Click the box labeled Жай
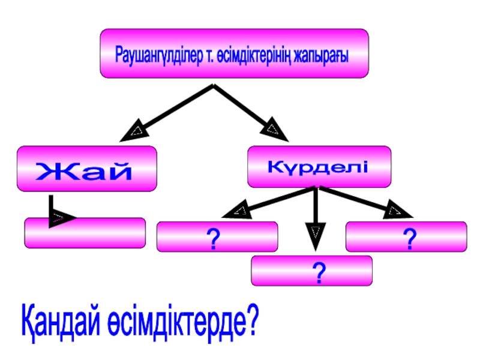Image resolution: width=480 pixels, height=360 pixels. tap(86, 169)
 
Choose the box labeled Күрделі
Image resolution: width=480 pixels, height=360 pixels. tap(319, 166)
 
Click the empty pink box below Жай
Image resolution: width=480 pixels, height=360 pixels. tap(85, 233)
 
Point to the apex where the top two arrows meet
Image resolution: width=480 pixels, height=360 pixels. tap(212, 86)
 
